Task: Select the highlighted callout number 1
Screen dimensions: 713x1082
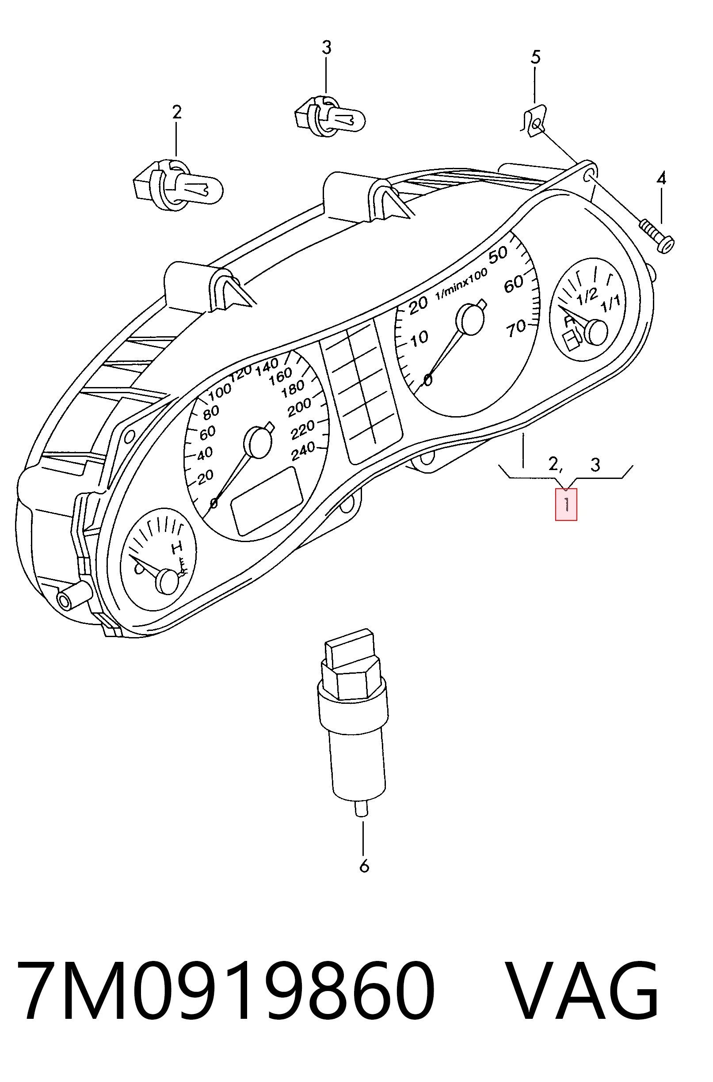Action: (566, 504)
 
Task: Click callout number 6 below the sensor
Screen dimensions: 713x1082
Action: (364, 866)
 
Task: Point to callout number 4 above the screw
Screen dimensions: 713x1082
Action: (661, 178)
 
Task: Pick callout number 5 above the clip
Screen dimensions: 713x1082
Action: (536, 57)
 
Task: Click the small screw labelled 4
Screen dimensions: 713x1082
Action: (657, 235)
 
